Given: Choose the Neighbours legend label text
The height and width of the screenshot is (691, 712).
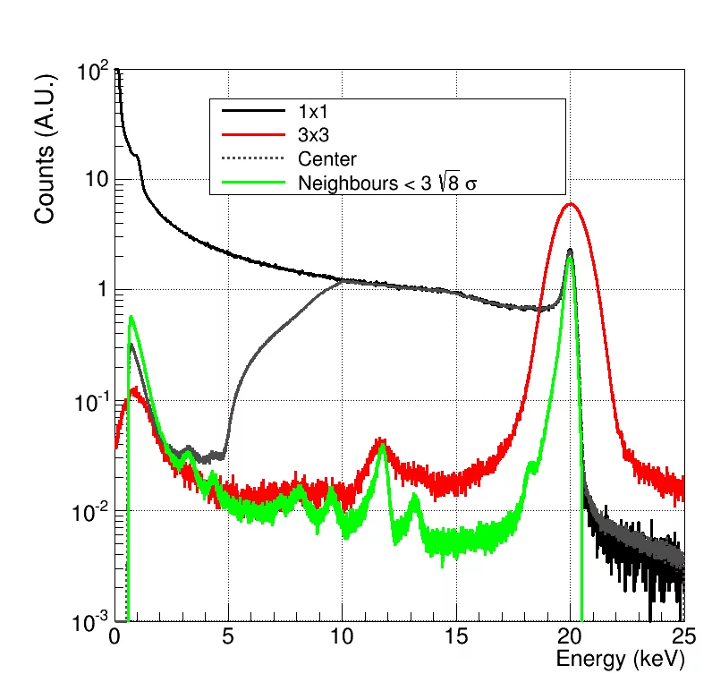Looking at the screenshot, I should tap(394, 183).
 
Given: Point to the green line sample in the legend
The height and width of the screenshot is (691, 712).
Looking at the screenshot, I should tap(250, 183).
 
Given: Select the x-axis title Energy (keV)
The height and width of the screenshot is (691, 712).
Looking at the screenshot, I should tap(619, 661).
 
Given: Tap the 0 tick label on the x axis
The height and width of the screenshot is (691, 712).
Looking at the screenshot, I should tap(114, 637).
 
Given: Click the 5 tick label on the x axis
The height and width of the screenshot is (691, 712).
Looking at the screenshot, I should tap(228, 637).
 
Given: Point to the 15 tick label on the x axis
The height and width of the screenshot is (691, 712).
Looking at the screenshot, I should tap(456, 637).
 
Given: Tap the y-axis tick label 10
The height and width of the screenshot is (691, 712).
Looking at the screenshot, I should tap(95, 180).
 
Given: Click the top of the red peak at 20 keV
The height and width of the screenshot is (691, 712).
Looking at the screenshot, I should tap(571, 204).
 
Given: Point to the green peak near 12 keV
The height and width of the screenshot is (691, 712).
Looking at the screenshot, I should tap(383, 446).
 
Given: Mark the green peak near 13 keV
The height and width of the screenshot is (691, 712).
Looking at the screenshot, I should tap(414, 498).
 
